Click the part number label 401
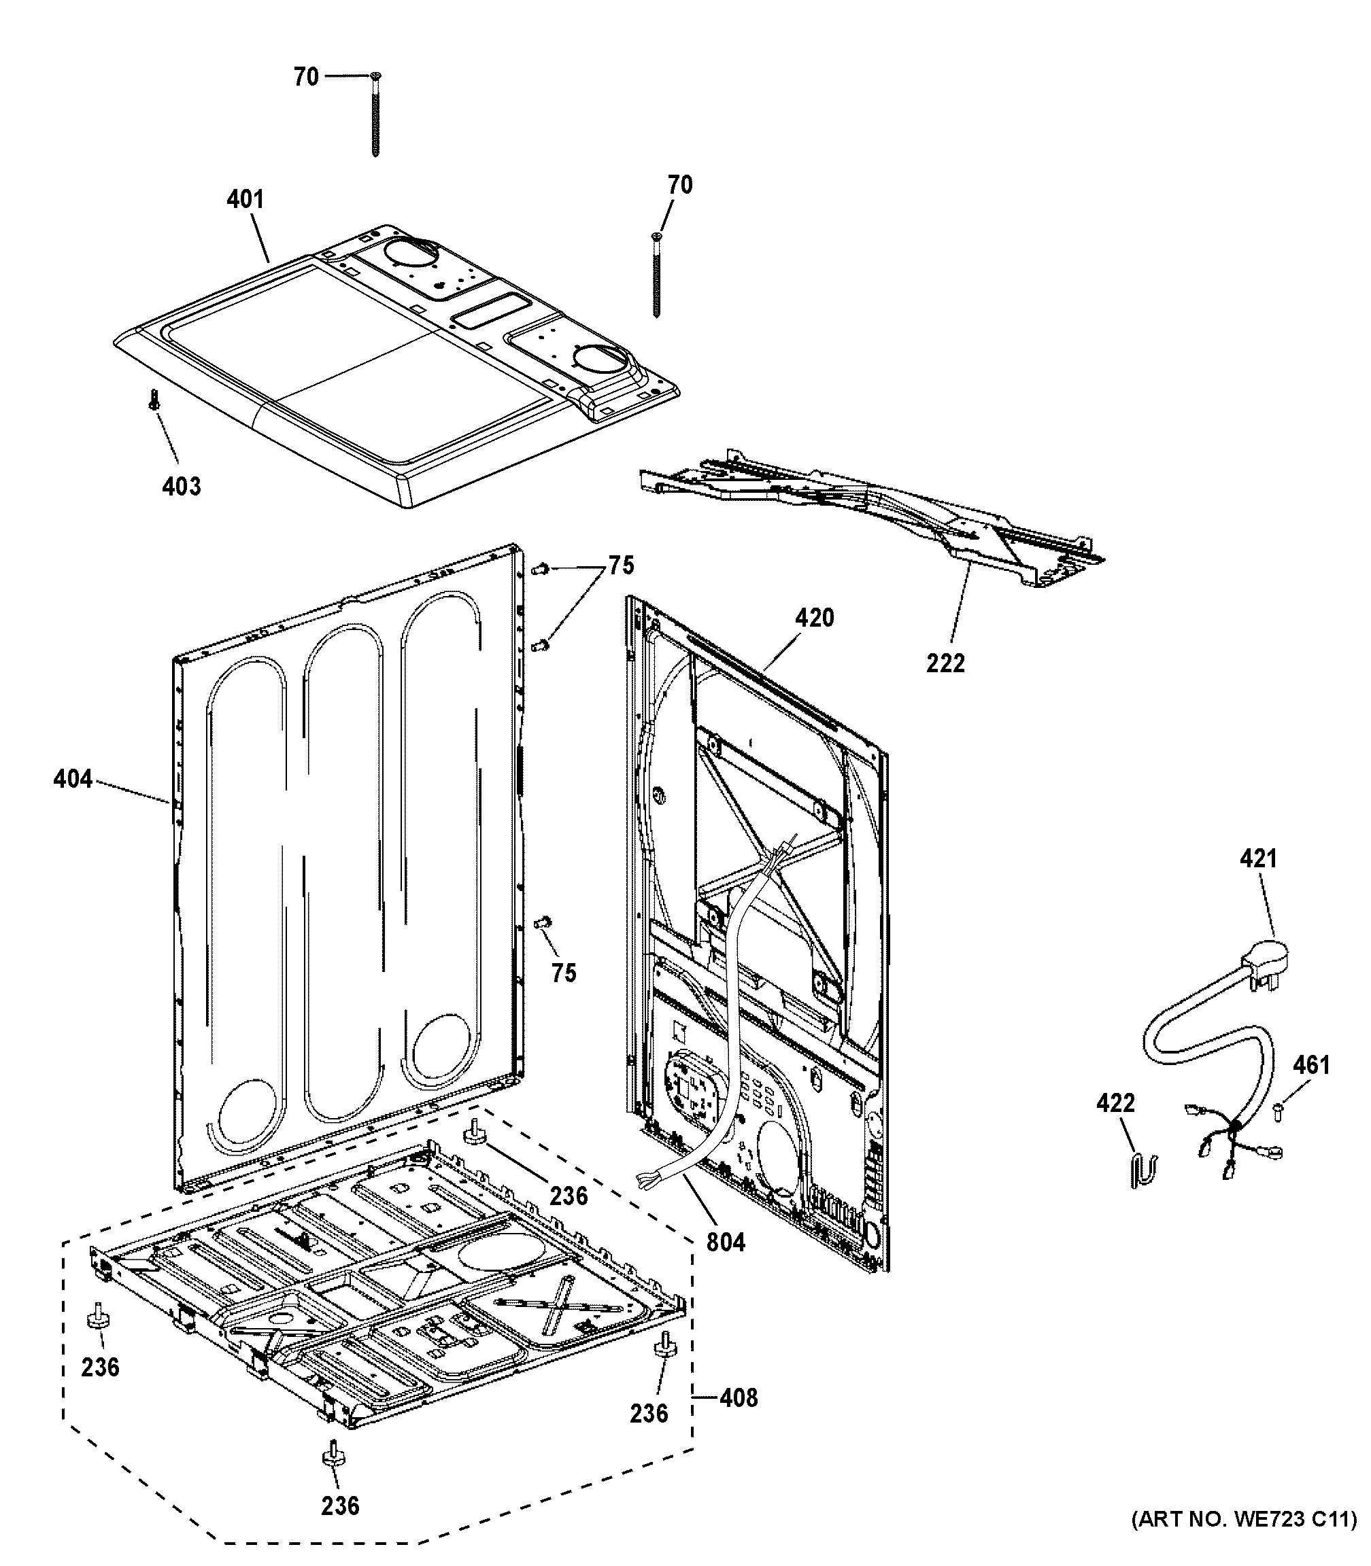pyautogui.click(x=245, y=200)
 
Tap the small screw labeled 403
pyautogui.click(x=154, y=399)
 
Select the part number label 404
pyautogui.click(x=73, y=780)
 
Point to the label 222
pyautogui.click(x=945, y=663)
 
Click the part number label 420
pyautogui.click(x=814, y=617)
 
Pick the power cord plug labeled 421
pyautogui.click(x=1267, y=959)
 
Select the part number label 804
pyautogui.click(x=725, y=1242)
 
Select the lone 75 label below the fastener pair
pyautogui.click(x=564, y=973)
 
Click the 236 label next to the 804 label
pyautogui.click(x=569, y=1195)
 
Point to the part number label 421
pyautogui.click(x=1258, y=858)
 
